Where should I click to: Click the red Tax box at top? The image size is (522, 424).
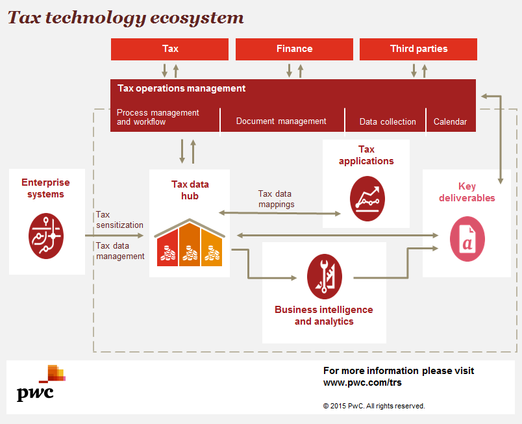(169, 49)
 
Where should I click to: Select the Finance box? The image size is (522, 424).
(294, 49)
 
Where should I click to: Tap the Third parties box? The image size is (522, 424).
(418, 49)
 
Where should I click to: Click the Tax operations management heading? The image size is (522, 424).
(181, 88)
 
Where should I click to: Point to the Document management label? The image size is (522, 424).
(281, 121)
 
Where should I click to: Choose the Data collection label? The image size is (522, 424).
(388, 121)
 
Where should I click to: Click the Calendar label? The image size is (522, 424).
(450, 121)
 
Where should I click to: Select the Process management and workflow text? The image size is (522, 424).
(157, 117)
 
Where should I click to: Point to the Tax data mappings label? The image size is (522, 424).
(275, 199)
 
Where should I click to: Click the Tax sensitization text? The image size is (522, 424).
(119, 219)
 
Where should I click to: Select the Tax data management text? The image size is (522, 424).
(119, 251)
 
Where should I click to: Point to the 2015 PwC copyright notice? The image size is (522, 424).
(374, 406)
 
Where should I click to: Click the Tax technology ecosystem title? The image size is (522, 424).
(125, 18)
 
